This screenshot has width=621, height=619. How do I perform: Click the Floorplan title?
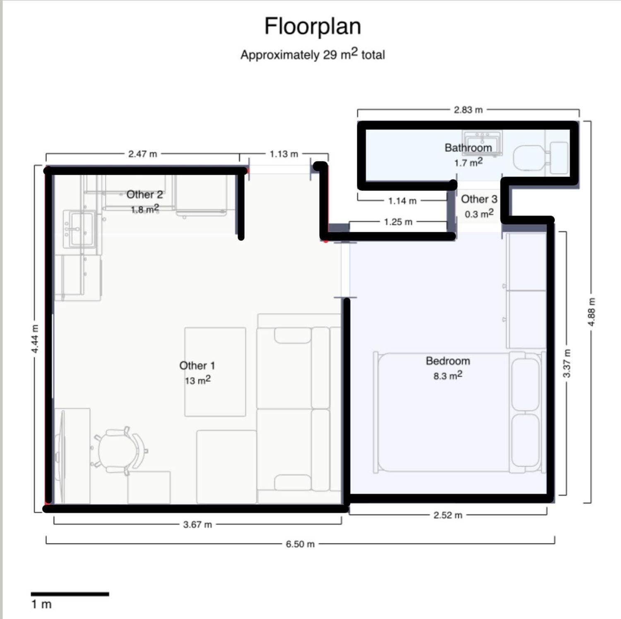click(x=313, y=26)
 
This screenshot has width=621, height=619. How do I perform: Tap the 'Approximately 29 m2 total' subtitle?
click(x=313, y=55)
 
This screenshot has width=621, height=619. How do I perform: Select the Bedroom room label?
click(x=448, y=361)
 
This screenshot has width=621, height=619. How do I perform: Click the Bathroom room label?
click(x=468, y=148)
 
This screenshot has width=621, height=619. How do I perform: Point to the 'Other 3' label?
click(x=479, y=199)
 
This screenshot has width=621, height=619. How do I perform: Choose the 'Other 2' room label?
click(x=144, y=194)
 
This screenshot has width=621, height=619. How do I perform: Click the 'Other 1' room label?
click(x=197, y=365)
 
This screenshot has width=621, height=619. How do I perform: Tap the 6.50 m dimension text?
click(x=300, y=544)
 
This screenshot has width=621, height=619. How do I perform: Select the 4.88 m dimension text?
click(x=592, y=312)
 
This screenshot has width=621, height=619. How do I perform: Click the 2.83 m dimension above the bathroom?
click(x=468, y=110)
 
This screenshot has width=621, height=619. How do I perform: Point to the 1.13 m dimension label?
click(x=284, y=154)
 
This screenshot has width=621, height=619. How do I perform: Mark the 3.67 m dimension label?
click(x=197, y=525)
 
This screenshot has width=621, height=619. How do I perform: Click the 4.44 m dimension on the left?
click(x=35, y=339)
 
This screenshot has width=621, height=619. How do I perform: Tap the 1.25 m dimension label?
click(x=398, y=222)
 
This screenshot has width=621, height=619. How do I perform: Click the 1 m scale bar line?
click(x=70, y=594)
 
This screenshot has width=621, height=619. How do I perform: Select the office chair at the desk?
click(x=120, y=451)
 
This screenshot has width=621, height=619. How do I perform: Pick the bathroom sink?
click(x=483, y=143)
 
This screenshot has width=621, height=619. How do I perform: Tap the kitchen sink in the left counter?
click(x=79, y=229)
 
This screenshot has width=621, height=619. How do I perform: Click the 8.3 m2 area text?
click(x=448, y=376)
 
